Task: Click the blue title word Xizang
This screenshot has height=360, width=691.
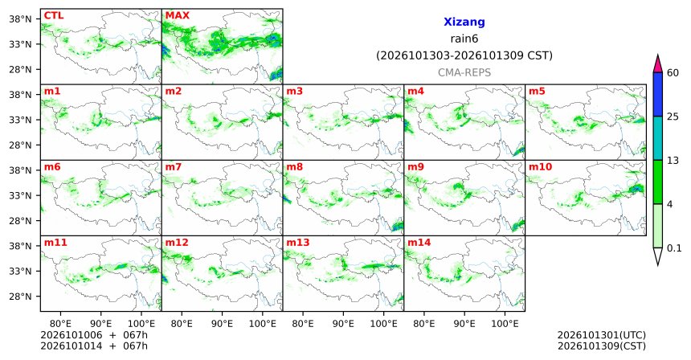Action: click(464, 22)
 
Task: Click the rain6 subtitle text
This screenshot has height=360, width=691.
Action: click(464, 39)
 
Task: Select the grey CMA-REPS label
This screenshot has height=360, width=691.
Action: click(464, 72)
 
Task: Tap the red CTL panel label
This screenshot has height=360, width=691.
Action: click(54, 16)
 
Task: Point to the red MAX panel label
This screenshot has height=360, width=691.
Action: click(177, 16)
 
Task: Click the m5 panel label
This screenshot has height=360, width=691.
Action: click(537, 92)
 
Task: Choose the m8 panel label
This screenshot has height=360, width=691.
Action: click(295, 167)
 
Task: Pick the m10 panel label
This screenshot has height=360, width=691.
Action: click(540, 167)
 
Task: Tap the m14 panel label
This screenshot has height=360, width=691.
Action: click(419, 243)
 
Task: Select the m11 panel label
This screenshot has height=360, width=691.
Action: click(55, 243)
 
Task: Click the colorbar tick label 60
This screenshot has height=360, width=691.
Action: click(673, 73)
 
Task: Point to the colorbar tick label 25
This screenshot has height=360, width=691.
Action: click(673, 117)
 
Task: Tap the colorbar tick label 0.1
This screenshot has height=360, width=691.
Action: click(674, 248)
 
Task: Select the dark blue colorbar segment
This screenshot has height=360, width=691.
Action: click(658, 94)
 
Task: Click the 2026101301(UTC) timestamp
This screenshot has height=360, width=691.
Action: click(602, 336)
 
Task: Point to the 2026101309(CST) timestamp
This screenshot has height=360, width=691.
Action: click(602, 346)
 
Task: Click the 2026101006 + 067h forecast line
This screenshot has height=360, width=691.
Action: click(94, 335)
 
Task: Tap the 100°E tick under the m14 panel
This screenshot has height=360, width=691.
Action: click(505, 324)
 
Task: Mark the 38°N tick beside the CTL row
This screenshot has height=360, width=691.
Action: click(21, 19)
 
